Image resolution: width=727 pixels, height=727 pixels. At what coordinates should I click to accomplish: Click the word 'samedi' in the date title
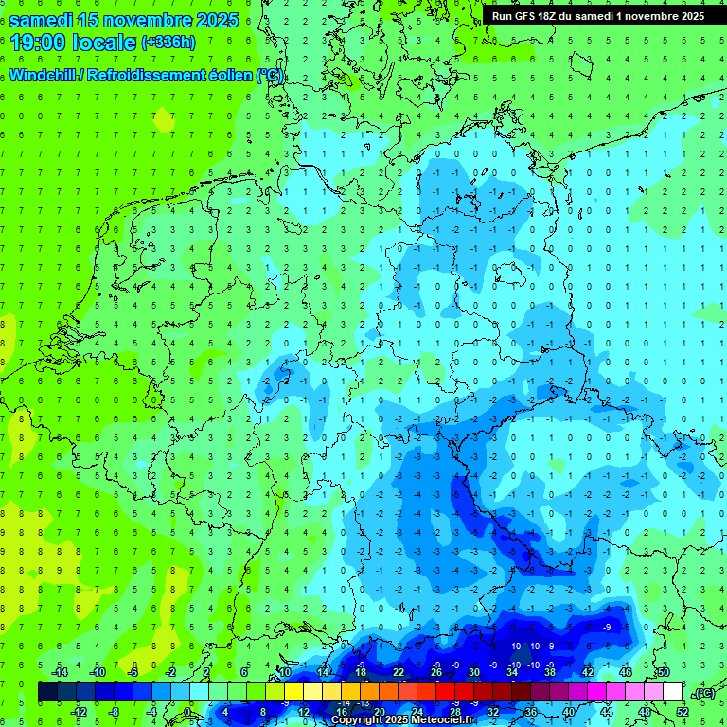(40, 20)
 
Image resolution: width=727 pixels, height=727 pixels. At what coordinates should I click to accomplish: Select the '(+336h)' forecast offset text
(168, 43)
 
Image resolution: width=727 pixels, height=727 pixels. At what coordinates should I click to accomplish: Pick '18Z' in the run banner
(553, 16)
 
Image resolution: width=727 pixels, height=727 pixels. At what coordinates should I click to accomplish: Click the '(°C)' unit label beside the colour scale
(702, 693)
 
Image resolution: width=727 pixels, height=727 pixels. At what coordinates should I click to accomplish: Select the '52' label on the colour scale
(683, 712)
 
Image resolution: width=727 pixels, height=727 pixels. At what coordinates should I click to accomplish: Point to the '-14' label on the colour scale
(62, 672)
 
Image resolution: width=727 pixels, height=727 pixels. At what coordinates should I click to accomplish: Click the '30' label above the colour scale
(473, 672)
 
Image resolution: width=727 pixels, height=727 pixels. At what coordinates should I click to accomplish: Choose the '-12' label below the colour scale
(80, 712)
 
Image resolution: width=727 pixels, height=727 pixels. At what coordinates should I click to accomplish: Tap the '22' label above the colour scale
(398, 672)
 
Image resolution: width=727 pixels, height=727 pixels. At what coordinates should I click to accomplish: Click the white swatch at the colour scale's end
(673, 692)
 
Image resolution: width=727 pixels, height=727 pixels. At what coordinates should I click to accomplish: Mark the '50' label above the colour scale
(664, 672)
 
